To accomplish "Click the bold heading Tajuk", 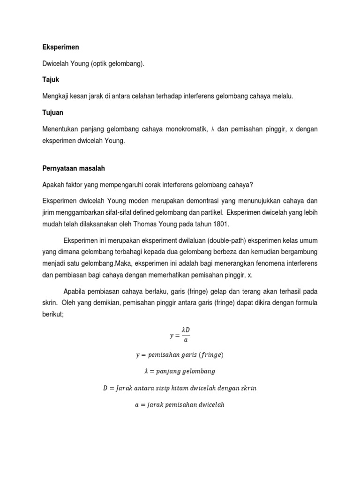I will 50,80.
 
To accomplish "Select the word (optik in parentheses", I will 100,63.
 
